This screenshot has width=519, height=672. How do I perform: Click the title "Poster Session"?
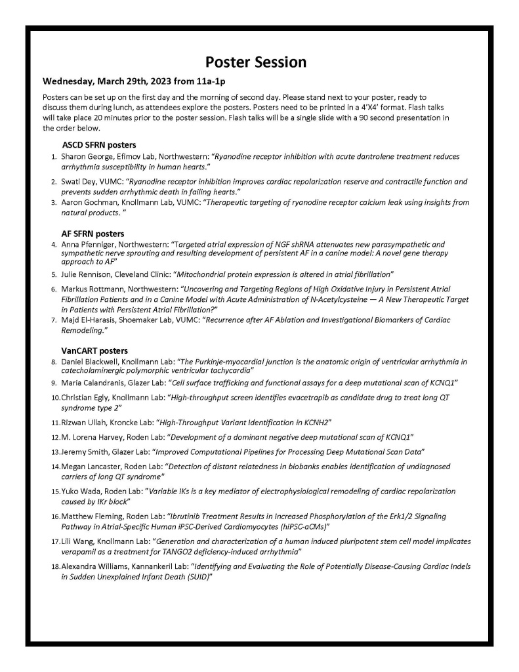point(256,62)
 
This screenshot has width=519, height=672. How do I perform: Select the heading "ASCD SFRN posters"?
point(99,144)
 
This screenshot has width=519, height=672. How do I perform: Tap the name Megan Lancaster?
point(91,466)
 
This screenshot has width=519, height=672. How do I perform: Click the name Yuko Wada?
point(81,491)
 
